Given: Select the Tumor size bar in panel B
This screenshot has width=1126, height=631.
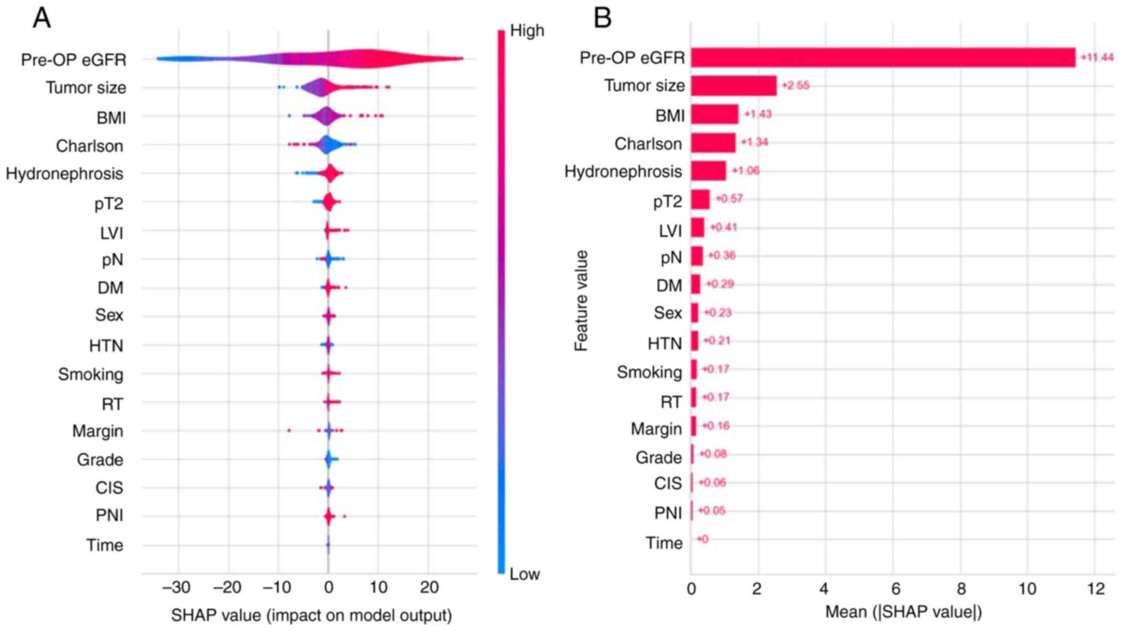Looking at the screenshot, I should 733,86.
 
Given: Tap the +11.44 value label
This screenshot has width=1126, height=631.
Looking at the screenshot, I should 1097,58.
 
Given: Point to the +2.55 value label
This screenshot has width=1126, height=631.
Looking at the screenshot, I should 795,86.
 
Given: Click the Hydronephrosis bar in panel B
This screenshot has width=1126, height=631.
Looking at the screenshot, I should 708,171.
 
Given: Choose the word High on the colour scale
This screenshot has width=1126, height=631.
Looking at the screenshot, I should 526,30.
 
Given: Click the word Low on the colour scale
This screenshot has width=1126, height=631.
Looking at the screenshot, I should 524,574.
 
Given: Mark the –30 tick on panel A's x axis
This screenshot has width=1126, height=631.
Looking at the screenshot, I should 176,587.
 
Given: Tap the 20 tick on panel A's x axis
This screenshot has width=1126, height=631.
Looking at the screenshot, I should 429,587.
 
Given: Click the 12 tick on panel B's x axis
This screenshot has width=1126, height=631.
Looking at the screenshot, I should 1096,588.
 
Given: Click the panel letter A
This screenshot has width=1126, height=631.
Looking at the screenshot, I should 42,18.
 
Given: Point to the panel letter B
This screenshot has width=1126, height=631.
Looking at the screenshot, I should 602,18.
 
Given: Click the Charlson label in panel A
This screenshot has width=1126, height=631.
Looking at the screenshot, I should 89,146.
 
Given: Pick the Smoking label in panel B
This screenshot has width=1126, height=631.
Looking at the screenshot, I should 649,372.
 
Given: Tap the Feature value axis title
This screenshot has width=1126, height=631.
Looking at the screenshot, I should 581,300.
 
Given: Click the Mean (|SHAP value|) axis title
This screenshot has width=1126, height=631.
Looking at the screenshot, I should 903,612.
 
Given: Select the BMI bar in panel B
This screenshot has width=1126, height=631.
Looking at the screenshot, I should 714,114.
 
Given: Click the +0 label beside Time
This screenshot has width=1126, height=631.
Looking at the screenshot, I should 702,539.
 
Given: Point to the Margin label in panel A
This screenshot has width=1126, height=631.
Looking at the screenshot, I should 98,431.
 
